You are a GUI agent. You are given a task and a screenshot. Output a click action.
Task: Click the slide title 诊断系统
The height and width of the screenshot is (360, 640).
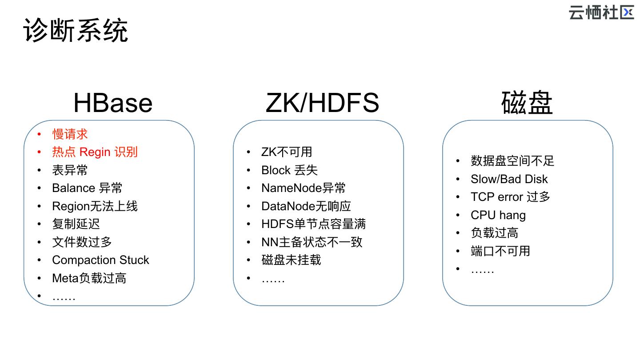(76, 30)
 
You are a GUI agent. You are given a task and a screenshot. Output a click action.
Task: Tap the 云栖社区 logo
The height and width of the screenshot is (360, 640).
(601, 12)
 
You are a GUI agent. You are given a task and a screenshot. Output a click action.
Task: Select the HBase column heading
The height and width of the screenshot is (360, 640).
(113, 103)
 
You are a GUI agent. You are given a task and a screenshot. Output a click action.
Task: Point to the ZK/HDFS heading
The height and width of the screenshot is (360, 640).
(322, 103)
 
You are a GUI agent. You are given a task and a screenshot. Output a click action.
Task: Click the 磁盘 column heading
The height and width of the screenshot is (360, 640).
(527, 103)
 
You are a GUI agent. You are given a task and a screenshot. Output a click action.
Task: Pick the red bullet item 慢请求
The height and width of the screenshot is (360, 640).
(70, 134)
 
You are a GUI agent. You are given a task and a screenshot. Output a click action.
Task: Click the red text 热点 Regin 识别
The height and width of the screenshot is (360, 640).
(95, 152)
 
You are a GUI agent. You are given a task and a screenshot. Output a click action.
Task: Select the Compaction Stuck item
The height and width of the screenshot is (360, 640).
(100, 260)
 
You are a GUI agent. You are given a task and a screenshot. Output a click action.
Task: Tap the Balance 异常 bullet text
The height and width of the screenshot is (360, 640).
(87, 188)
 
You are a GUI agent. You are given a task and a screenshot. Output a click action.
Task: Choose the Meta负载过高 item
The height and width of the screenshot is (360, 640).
(89, 278)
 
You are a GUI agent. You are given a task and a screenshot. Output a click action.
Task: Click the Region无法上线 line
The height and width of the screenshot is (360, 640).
(95, 206)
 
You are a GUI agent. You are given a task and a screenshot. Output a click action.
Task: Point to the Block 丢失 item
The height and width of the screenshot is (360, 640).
(289, 170)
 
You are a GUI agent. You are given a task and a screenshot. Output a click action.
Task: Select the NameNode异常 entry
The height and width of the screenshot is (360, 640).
(304, 188)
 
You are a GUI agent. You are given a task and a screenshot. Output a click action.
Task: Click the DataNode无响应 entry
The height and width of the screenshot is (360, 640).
(306, 206)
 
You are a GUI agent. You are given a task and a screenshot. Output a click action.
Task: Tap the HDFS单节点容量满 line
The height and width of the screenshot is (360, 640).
(313, 224)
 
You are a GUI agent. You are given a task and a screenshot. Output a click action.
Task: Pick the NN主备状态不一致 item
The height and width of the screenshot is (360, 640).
(312, 242)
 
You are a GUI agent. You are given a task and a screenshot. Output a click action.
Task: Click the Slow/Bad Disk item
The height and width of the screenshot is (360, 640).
(509, 179)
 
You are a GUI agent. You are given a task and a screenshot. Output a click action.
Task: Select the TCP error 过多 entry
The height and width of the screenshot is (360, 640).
(510, 197)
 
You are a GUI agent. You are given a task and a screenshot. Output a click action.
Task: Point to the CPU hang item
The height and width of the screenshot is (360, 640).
(498, 215)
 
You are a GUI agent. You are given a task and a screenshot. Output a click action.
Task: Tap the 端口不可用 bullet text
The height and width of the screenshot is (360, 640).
(500, 251)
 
